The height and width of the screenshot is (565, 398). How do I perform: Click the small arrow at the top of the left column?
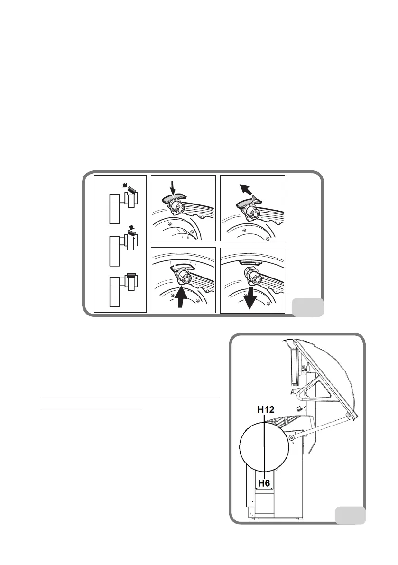(x=124, y=186)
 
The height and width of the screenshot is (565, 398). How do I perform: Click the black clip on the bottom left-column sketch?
(x=131, y=274)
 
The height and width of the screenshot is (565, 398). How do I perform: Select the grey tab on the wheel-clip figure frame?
(x=307, y=307)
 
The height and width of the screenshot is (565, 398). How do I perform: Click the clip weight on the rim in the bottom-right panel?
(x=250, y=262)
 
